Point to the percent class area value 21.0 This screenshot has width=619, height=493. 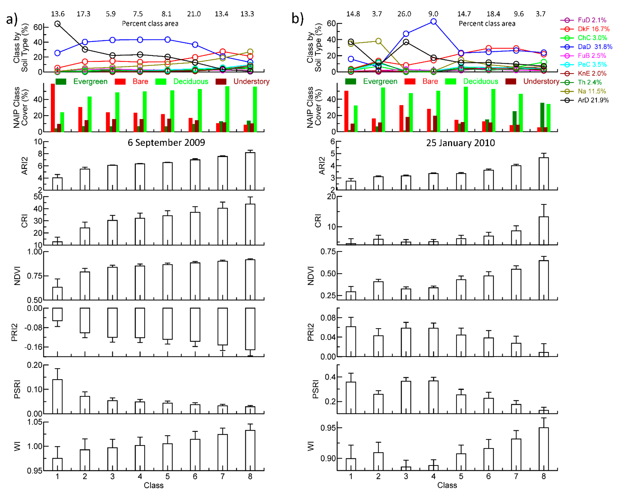pyautogui.click(x=194, y=14)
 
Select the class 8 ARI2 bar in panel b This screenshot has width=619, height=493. pyautogui.click(x=544, y=174)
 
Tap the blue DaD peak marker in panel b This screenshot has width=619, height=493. pyautogui.click(x=433, y=22)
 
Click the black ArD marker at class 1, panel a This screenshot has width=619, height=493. pyautogui.click(x=57, y=24)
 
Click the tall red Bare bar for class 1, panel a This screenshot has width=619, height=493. pyautogui.click(x=53, y=108)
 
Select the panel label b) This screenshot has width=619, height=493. pyautogui.click(x=297, y=19)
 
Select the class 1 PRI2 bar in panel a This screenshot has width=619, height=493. pyautogui.click(x=57, y=314)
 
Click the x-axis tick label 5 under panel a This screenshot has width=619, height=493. pyautogui.click(x=167, y=476)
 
